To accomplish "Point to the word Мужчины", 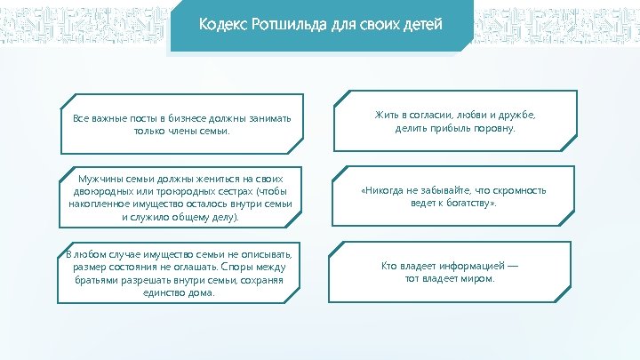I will point(105,178).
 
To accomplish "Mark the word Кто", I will point(390,266).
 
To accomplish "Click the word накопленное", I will point(101,203).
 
